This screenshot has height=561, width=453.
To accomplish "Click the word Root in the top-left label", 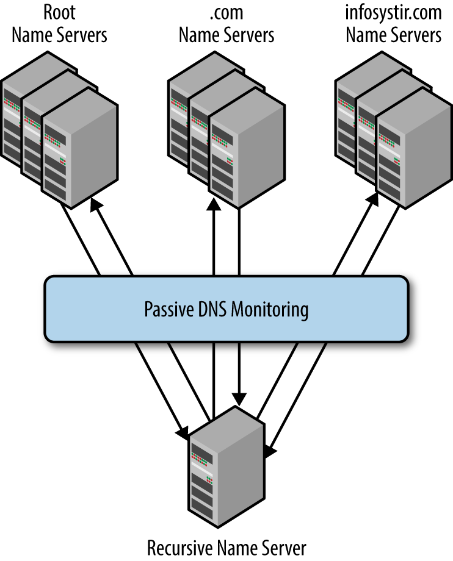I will [59, 12].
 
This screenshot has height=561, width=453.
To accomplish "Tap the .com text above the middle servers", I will [226, 12].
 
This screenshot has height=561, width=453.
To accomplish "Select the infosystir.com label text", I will [393, 12].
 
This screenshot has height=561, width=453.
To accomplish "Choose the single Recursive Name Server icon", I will [226, 470].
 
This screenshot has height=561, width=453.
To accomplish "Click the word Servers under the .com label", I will [250, 35].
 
